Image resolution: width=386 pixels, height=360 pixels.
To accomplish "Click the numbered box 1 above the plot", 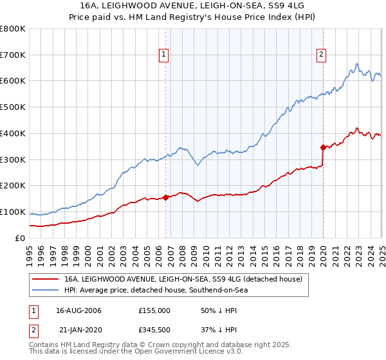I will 164,55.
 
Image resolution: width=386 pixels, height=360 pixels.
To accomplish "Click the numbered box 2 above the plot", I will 321,55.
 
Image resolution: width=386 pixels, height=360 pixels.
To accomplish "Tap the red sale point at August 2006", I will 166,197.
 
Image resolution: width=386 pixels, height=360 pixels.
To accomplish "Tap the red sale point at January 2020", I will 323,147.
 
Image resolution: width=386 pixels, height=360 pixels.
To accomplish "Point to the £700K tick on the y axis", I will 14,55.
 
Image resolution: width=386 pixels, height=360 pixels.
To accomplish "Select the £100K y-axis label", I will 14,212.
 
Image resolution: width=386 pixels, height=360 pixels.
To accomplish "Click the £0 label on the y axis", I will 20,238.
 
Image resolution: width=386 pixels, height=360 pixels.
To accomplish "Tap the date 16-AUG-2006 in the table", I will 78,310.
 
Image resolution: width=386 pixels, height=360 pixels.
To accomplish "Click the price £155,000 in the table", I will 154,310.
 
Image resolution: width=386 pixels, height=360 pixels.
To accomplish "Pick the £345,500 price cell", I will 154,329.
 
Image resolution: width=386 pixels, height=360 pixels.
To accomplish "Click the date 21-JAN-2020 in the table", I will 78,329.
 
